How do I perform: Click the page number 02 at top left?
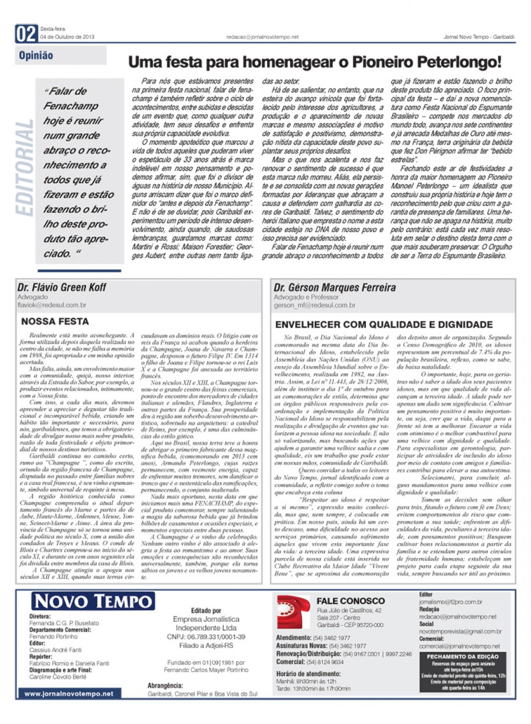tap(26, 34)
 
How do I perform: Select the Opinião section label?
tap(36, 56)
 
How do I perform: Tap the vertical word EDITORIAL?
tap(25, 169)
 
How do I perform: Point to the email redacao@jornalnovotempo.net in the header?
tap(262, 37)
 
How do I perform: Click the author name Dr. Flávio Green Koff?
tap(62, 287)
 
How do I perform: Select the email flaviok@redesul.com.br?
tap(52, 305)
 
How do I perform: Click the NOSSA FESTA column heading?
tap(55, 322)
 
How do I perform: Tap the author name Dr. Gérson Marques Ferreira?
tap(334, 287)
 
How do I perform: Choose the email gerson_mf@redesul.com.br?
tap(314, 305)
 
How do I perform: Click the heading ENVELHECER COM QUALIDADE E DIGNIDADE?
tap(384, 325)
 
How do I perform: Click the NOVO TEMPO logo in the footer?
tap(93, 601)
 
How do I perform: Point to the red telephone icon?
tap(294, 612)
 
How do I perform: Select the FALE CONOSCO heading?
tap(350, 601)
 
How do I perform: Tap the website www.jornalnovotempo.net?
tap(69, 694)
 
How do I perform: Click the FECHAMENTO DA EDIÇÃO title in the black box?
tap(462, 656)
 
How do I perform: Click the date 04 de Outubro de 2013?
tap(67, 37)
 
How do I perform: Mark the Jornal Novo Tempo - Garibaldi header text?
tap(479, 37)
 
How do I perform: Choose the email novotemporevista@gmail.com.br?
tap(460, 631)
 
